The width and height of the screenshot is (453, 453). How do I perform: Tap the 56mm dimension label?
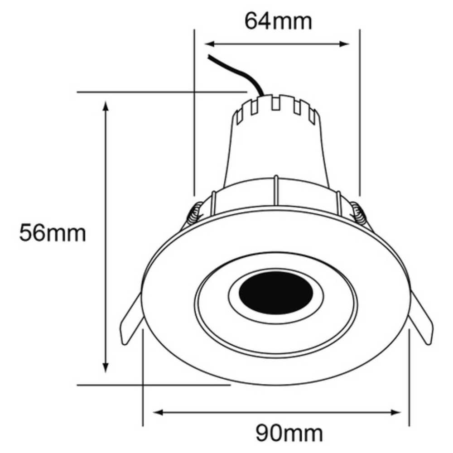[x=52, y=233]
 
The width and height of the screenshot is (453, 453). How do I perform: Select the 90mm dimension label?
[x=289, y=434]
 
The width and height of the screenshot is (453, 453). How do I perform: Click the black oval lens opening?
[x=276, y=294]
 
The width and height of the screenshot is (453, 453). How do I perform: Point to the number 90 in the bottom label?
[x=268, y=434]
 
